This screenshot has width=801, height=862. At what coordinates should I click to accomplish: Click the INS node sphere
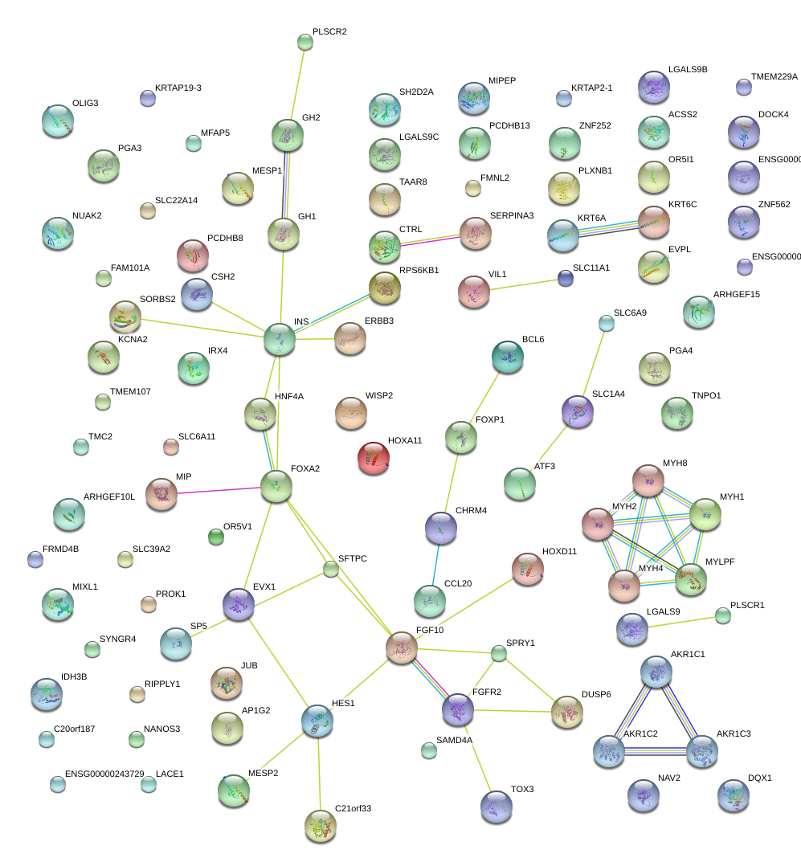(x=280, y=339)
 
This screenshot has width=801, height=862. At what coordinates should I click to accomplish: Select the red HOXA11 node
(x=374, y=458)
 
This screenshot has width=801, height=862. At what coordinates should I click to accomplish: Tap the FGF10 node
(x=402, y=648)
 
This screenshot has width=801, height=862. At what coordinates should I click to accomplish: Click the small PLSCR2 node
(x=305, y=42)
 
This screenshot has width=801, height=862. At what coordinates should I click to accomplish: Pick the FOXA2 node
(x=276, y=487)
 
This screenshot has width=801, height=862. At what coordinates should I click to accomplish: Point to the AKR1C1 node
(x=656, y=672)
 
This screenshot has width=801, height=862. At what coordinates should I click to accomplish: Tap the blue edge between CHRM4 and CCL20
(x=436, y=565)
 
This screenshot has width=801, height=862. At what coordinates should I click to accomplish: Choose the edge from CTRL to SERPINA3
(x=430, y=240)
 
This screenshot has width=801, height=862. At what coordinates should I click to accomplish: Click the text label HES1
(x=343, y=703)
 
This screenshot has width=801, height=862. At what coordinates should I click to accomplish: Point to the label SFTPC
(x=353, y=558)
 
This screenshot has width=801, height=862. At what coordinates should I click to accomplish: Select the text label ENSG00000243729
(x=104, y=774)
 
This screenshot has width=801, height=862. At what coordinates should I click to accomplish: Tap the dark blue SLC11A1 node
(x=565, y=278)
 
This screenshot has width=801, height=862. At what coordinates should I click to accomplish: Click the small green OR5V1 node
(x=216, y=537)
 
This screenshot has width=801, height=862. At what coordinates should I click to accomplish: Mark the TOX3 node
(x=497, y=807)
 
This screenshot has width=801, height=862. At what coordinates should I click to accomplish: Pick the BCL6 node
(x=508, y=357)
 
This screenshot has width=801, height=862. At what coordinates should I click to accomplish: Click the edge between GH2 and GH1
(x=285, y=184)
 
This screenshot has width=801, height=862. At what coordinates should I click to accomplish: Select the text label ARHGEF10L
(x=109, y=496)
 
